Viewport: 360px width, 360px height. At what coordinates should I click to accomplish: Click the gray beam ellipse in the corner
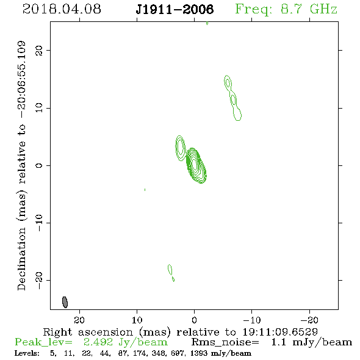(x=65, y=302)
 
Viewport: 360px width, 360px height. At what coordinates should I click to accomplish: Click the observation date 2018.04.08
(x=62, y=9)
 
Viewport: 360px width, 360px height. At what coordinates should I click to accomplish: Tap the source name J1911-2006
(x=175, y=9)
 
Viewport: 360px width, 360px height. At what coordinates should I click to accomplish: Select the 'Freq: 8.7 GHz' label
(x=286, y=9)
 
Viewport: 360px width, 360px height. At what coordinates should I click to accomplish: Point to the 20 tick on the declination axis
(x=39, y=51)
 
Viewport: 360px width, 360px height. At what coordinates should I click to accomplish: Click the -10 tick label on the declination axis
(x=39, y=223)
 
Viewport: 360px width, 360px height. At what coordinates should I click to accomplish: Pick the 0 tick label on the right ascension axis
(x=194, y=320)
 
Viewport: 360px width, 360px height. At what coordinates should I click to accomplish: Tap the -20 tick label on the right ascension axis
(x=309, y=320)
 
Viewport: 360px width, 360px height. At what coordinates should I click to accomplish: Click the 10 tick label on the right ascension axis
(x=137, y=320)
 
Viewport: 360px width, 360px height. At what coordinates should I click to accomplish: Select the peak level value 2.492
(x=98, y=342)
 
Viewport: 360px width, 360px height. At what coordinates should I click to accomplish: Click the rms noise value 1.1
(x=278, y=342)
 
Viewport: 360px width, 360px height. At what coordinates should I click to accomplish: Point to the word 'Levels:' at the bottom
(x=27, y=353)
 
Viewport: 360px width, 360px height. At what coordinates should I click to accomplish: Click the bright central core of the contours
(x=195, y=165)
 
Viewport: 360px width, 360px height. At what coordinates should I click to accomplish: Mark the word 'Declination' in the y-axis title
(x=21, y=259)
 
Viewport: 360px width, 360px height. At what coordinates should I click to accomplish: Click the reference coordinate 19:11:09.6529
(x=280, y=332)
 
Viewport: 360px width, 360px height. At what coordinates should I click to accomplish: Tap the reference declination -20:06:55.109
(x=21, y=80)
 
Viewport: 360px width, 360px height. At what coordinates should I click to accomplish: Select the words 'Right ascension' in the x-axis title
(x=88, y=332)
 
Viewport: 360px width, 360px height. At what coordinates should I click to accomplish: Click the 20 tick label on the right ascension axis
(x=79, y=320)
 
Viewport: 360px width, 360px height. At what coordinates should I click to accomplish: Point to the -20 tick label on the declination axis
(x=39, y=281)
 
